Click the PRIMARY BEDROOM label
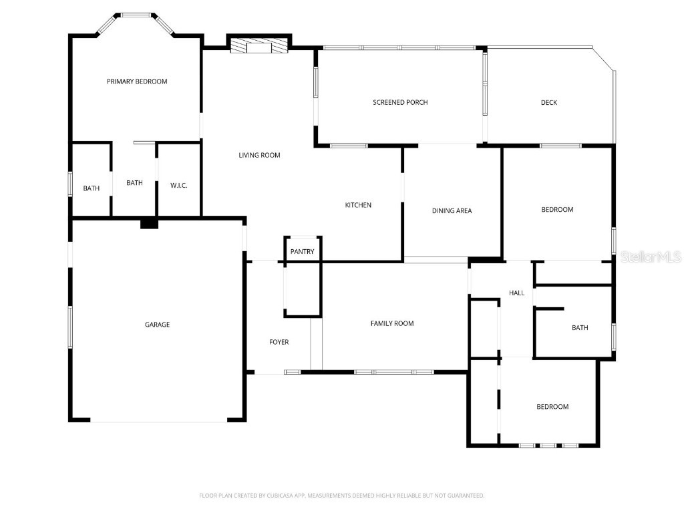137,81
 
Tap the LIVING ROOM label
259,155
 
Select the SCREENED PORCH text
400,102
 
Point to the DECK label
548,102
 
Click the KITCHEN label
358,205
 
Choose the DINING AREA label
452,210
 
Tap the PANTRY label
302,252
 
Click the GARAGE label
158,325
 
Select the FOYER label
279,342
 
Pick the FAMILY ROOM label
392,323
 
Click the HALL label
516,293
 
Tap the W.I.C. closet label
178,185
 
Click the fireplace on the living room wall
259,46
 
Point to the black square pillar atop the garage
149,224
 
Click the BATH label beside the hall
580,327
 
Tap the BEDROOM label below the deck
557,210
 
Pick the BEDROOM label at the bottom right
552,407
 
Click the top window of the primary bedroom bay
136,15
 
